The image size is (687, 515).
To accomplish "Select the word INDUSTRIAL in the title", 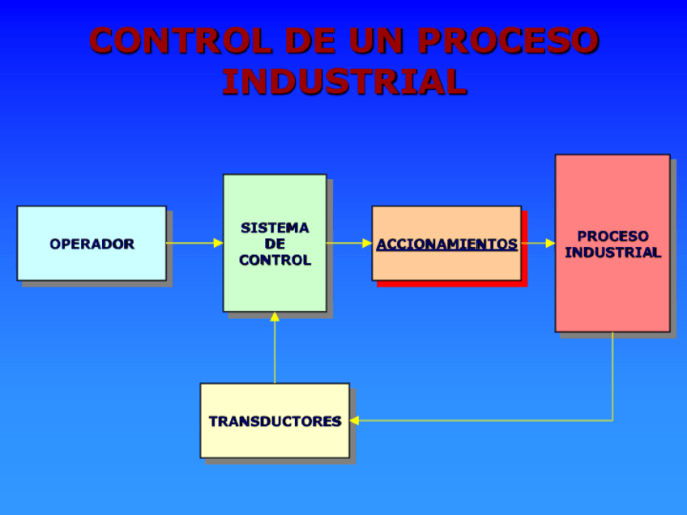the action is (344, 82).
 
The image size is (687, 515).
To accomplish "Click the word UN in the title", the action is (375, 40).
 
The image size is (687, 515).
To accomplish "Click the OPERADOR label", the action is (92, 244).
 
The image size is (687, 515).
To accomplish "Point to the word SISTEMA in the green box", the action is (275, 228).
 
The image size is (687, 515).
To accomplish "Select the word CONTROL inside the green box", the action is (275, 261).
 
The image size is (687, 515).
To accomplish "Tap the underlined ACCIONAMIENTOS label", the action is (446, 244).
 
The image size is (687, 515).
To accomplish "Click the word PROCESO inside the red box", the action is (612, 236).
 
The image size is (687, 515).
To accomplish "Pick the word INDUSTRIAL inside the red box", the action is (612, 253).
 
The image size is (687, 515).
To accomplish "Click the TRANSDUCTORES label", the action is (275, 421).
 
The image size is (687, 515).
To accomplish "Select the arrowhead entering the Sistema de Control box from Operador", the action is (218, 243).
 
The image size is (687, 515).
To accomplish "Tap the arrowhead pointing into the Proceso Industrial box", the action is (550, 243).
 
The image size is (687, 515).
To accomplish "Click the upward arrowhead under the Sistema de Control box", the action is (275, 317).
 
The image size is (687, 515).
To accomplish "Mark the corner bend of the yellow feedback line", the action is (612, 420).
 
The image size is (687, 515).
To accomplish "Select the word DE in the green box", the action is (275, 245).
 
